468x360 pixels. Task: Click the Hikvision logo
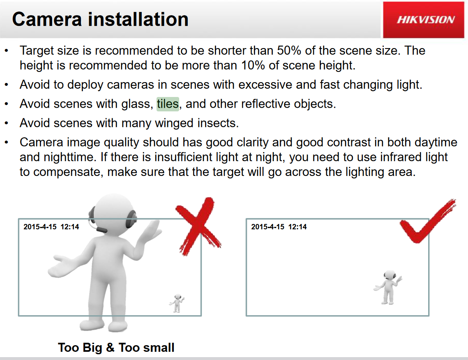point(426,20)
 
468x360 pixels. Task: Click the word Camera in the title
point(47,19)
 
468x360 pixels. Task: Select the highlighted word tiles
point(168,104)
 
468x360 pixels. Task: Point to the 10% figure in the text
point(253,65)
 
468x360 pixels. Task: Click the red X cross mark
point(198,226)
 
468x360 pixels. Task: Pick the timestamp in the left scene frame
point(51,227)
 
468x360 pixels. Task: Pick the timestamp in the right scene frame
point(279,227)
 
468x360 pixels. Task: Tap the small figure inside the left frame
point(177,303)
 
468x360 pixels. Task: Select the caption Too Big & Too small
point(116,347)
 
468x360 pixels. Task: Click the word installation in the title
point(138,19)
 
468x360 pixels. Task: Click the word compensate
point(68,172)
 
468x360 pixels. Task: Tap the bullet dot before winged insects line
point(7,123)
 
